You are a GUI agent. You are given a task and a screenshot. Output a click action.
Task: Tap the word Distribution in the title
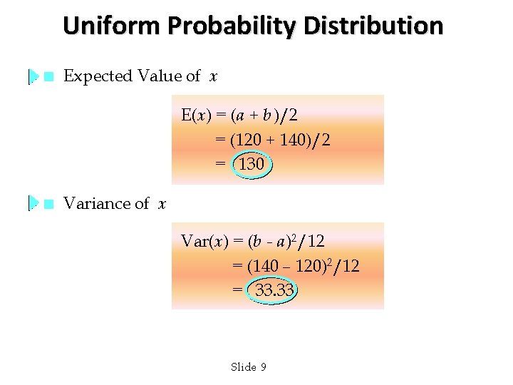click(x=373, y=26)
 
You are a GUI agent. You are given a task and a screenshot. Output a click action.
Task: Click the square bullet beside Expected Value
click(x=48, y=76)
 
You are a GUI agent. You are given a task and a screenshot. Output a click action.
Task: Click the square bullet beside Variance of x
click(x=48, y=204)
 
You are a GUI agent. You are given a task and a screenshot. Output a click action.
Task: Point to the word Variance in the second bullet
click(x=93, y=204)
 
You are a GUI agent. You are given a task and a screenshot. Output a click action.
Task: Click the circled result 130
click(x=252, y=165)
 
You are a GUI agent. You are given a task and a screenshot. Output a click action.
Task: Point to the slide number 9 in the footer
click(x=263, y=367)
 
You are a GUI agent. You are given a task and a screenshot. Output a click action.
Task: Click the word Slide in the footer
click(x=244, y=367)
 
